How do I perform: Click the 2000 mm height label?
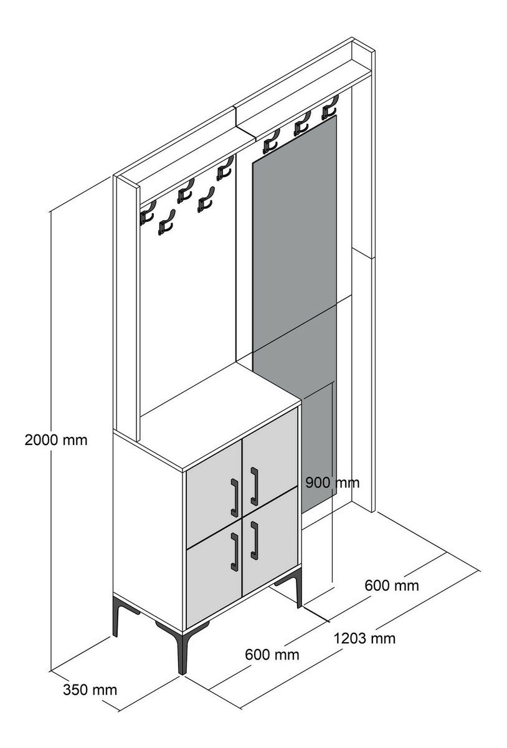click(x=56, y=440)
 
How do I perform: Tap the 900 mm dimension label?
click(x=333, y=482)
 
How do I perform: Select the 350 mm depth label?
click(x=90, y=689)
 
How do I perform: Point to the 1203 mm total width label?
click(x=364, y=638)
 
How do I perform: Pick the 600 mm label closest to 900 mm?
click(x=392, y=585)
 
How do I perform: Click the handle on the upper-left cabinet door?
click(x=234, y=498)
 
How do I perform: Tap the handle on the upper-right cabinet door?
click(x=254, y=486)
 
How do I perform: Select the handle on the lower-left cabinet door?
click(x=234, y=551)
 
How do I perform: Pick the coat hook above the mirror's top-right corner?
click(x=329, y=107)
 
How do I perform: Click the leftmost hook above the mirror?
click(x=271, y=141)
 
